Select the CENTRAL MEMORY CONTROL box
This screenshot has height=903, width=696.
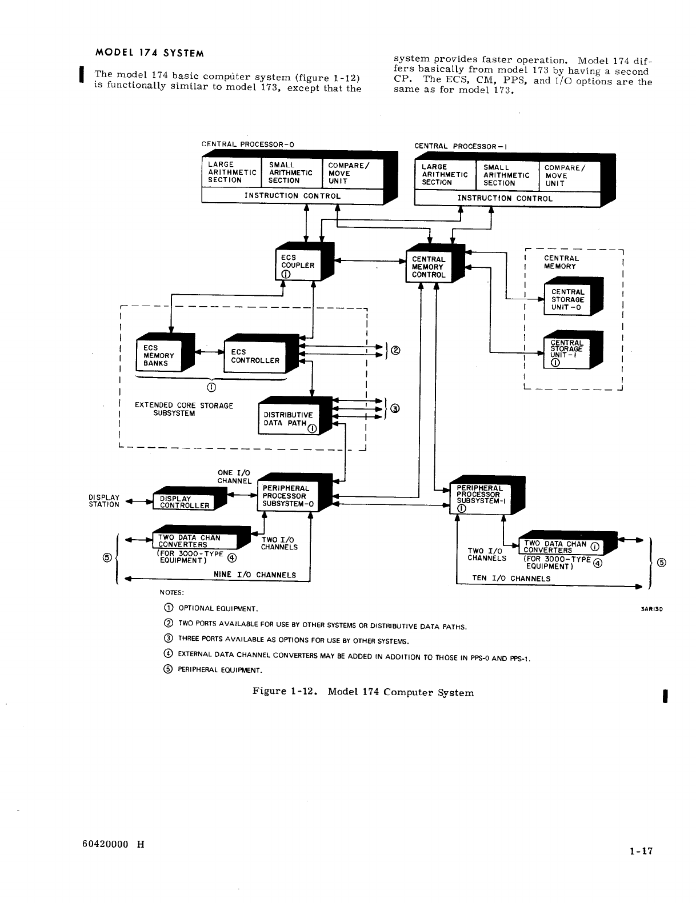click(x=429, y=267)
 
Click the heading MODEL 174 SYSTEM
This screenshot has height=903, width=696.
click(x=149, y=53)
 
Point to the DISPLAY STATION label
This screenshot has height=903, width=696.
click(x=105, y=501)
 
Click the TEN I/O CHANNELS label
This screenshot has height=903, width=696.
click(x=511, y=578)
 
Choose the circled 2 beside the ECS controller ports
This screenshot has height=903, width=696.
click(x=395, y=351)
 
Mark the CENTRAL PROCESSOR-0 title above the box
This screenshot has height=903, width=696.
click(x=248, y=144)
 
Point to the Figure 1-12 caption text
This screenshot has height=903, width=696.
click(x=363, y=692)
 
